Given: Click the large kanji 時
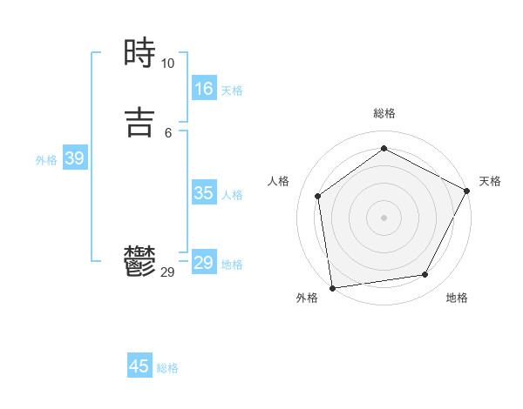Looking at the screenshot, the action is point(139,54).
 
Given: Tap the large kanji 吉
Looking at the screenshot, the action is point(139,122).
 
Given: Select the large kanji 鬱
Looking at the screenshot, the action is point(139,261).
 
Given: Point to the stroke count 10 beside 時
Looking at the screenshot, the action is point(167,64).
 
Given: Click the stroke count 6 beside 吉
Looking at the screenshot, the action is point(167,132).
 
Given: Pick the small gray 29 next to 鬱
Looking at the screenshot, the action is point(167,272).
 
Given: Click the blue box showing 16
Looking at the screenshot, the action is point(204,89).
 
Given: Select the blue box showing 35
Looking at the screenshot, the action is point(204,193).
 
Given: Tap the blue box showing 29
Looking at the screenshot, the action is point(204,263).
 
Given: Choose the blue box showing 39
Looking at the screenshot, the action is point(74,158).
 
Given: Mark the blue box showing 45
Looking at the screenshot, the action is point(139,366).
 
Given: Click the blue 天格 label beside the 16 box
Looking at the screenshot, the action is point(232,91).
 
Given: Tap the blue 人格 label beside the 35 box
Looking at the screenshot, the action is point(232,195).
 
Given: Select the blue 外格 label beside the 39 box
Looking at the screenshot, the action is point(46,160).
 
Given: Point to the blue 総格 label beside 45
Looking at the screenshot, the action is point(167,368).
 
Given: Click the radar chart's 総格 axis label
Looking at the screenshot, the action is point(384,113).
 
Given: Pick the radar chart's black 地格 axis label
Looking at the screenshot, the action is point(457,298).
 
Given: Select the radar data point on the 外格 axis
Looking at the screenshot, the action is point(332,286).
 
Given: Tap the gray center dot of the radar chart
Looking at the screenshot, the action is point(384,217).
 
